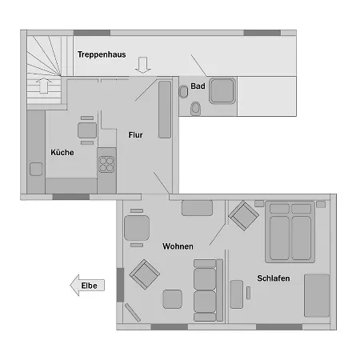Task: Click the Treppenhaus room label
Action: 102,54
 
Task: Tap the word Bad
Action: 198,86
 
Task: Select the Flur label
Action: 135,135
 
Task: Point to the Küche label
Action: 62,152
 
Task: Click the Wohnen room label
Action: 178,246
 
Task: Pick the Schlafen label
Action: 274,278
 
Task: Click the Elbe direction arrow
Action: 87,286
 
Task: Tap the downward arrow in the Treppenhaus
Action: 143,65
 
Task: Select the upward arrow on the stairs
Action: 44,86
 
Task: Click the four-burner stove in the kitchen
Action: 106,164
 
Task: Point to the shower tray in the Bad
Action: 222,90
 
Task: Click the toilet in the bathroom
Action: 196,109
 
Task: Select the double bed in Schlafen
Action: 290,232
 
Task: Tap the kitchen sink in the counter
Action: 36,169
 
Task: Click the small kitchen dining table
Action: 87,130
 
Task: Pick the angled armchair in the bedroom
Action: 243,215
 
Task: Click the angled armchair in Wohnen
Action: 145,274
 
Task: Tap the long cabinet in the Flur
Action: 165,110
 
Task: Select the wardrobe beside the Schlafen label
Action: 317,295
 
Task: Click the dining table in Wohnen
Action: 137,228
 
